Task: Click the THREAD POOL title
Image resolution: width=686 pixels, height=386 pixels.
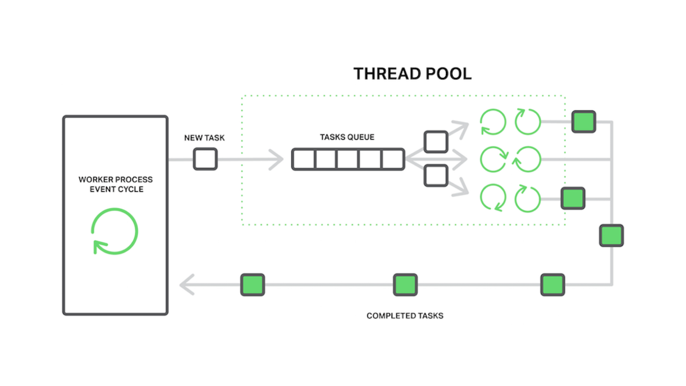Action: pyautogui.click(x=412, y=74)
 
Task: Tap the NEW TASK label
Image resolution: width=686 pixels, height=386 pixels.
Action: pyautogui.click(x=204, y=138)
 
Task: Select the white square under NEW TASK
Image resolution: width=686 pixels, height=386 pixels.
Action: pyautogui.click(x=205, y=159)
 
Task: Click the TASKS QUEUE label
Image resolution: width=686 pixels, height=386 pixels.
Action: pyautogui.click(x=347, y=137)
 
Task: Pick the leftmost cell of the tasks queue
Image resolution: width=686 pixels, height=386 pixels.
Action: pyautogui.click(x=304, y=159)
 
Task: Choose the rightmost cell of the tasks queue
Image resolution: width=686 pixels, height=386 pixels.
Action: pyautogui.click(x=393, y=159)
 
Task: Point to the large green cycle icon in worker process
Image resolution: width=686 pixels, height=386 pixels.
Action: pyautogui.click(x=115, y=231)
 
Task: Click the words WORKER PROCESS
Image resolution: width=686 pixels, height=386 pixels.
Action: pyautogui.click(x=115, y=179)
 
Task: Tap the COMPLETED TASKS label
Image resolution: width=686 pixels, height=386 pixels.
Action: pyautogui.click(x=405, y=316)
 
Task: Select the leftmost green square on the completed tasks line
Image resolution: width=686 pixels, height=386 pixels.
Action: pyautogui.click(x=253, y=285)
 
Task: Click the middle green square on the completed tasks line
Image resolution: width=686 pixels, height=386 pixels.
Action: pyautogui.click(x=405, y=285)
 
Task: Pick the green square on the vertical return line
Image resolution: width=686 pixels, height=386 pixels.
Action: pyautogui.click(x=611, y=236)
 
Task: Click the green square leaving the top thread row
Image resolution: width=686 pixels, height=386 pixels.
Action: pyautogui.click(x=583, y=122)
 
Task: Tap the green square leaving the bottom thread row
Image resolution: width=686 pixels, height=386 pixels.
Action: pyautogui.click(x=573, y=198)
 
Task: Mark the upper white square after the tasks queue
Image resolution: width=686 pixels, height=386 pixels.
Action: pyautogui.click(x=436, y=142)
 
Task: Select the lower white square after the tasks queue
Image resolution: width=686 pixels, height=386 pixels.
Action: pyautogui.click(x=436, y=176)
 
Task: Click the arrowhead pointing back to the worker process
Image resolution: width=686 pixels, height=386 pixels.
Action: pyautogui.click(x=187, y=285)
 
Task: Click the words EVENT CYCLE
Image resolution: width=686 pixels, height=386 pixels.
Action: pyautogui.click(x=116, y=189)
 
